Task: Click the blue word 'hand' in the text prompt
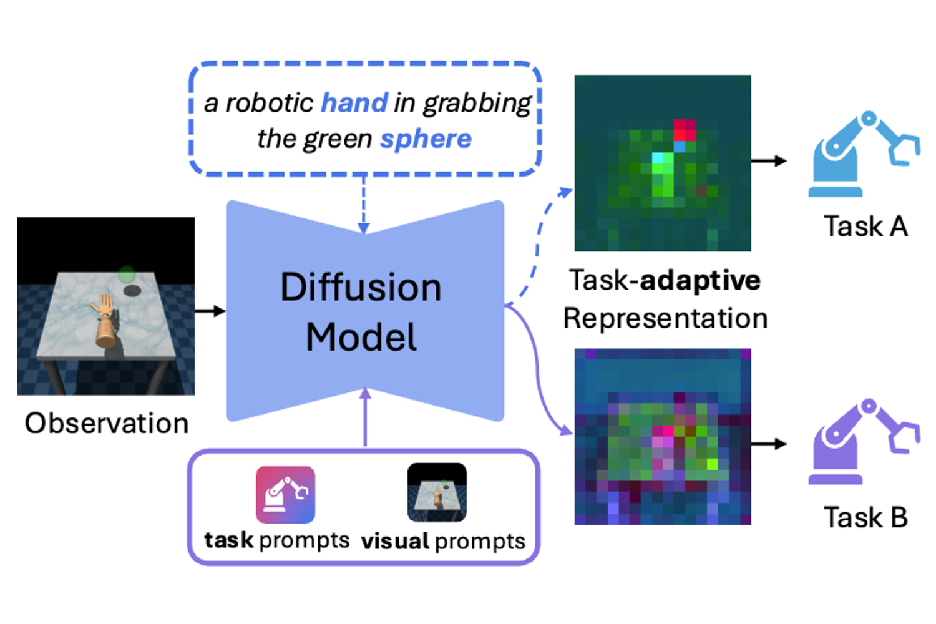click(354, 103)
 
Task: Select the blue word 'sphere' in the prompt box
click(426, 139)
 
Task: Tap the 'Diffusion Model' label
click(361, 312)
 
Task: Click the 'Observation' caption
click(107, 423)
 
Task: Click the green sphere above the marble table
click(127, 274)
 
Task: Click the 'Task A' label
click(865, 226)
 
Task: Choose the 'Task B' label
click(865, 517)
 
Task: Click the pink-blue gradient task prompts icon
click(285, 494)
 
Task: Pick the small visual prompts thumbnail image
click(437, 492)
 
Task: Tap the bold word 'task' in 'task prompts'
click(229, 540)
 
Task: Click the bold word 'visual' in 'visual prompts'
click(395, 540)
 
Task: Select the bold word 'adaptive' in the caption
click(700, 281)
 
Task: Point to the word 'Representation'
click(665, 318)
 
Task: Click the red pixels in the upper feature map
click(685, 130)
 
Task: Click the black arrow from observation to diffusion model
click(210, 311)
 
